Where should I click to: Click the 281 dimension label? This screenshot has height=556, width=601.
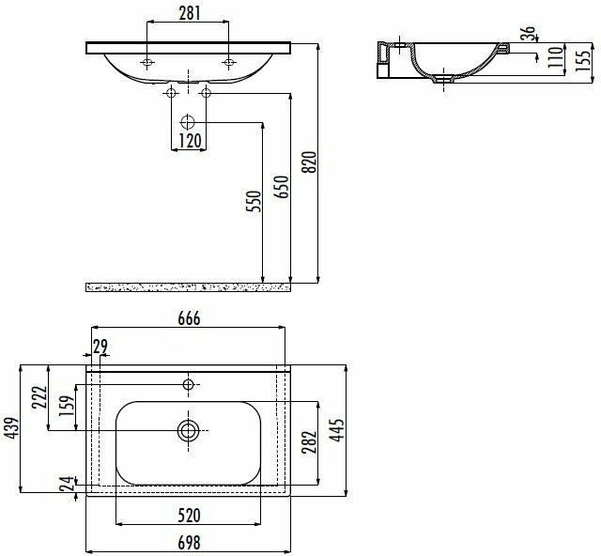(190, 13)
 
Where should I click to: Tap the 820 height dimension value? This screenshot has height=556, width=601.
(310, 162)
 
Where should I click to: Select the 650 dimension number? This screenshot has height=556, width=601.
(282, 187)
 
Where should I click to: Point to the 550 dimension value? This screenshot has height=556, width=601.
(254, 201)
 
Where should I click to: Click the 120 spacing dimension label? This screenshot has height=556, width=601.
(190, 141)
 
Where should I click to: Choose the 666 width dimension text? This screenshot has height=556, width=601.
(189, 318)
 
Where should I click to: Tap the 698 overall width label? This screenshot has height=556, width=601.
(189, 543)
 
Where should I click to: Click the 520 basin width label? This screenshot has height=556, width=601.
(189, 516)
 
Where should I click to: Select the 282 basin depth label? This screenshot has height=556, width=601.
(309, 442)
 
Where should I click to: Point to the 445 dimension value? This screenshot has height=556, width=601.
(337, 430)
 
